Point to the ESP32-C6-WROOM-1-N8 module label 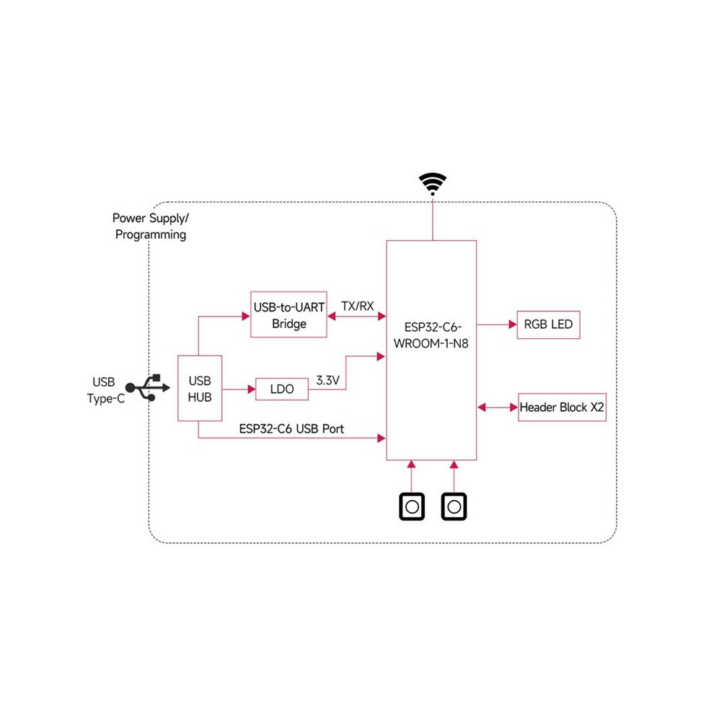click(x=431, y=335)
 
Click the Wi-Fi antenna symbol click(x=433, y=183)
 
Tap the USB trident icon click(x=148, y=388)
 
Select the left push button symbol click(x=412, y=506)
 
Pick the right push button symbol click(x=454, y=506)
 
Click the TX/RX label click(x=358, y=306)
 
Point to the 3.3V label click(x=328, y=380)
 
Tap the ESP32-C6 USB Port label click(x=291, y=429)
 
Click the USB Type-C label click(x=105, y=390)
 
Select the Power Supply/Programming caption click(x=151, y=226)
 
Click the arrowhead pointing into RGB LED click(x=514, y=325)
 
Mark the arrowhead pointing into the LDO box click(x=252, y=389)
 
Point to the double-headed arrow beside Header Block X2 click(x=498, y=407)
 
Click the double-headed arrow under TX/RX click(x=356, y=316)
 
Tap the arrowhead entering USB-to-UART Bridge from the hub click(x=247, y=316)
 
